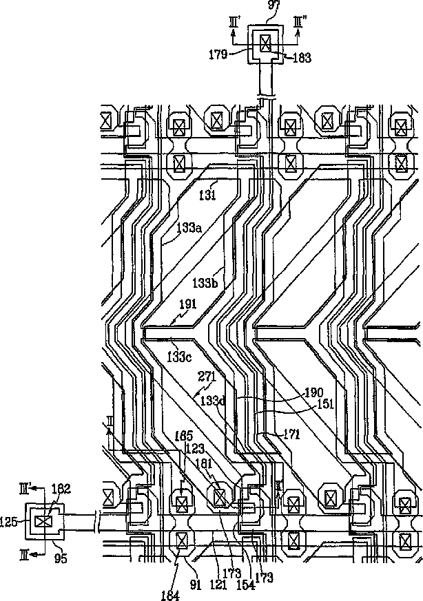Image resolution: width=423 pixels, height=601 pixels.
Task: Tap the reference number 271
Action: tap(207, 377)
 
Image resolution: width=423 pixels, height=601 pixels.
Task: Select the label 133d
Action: tap(212, 400)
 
